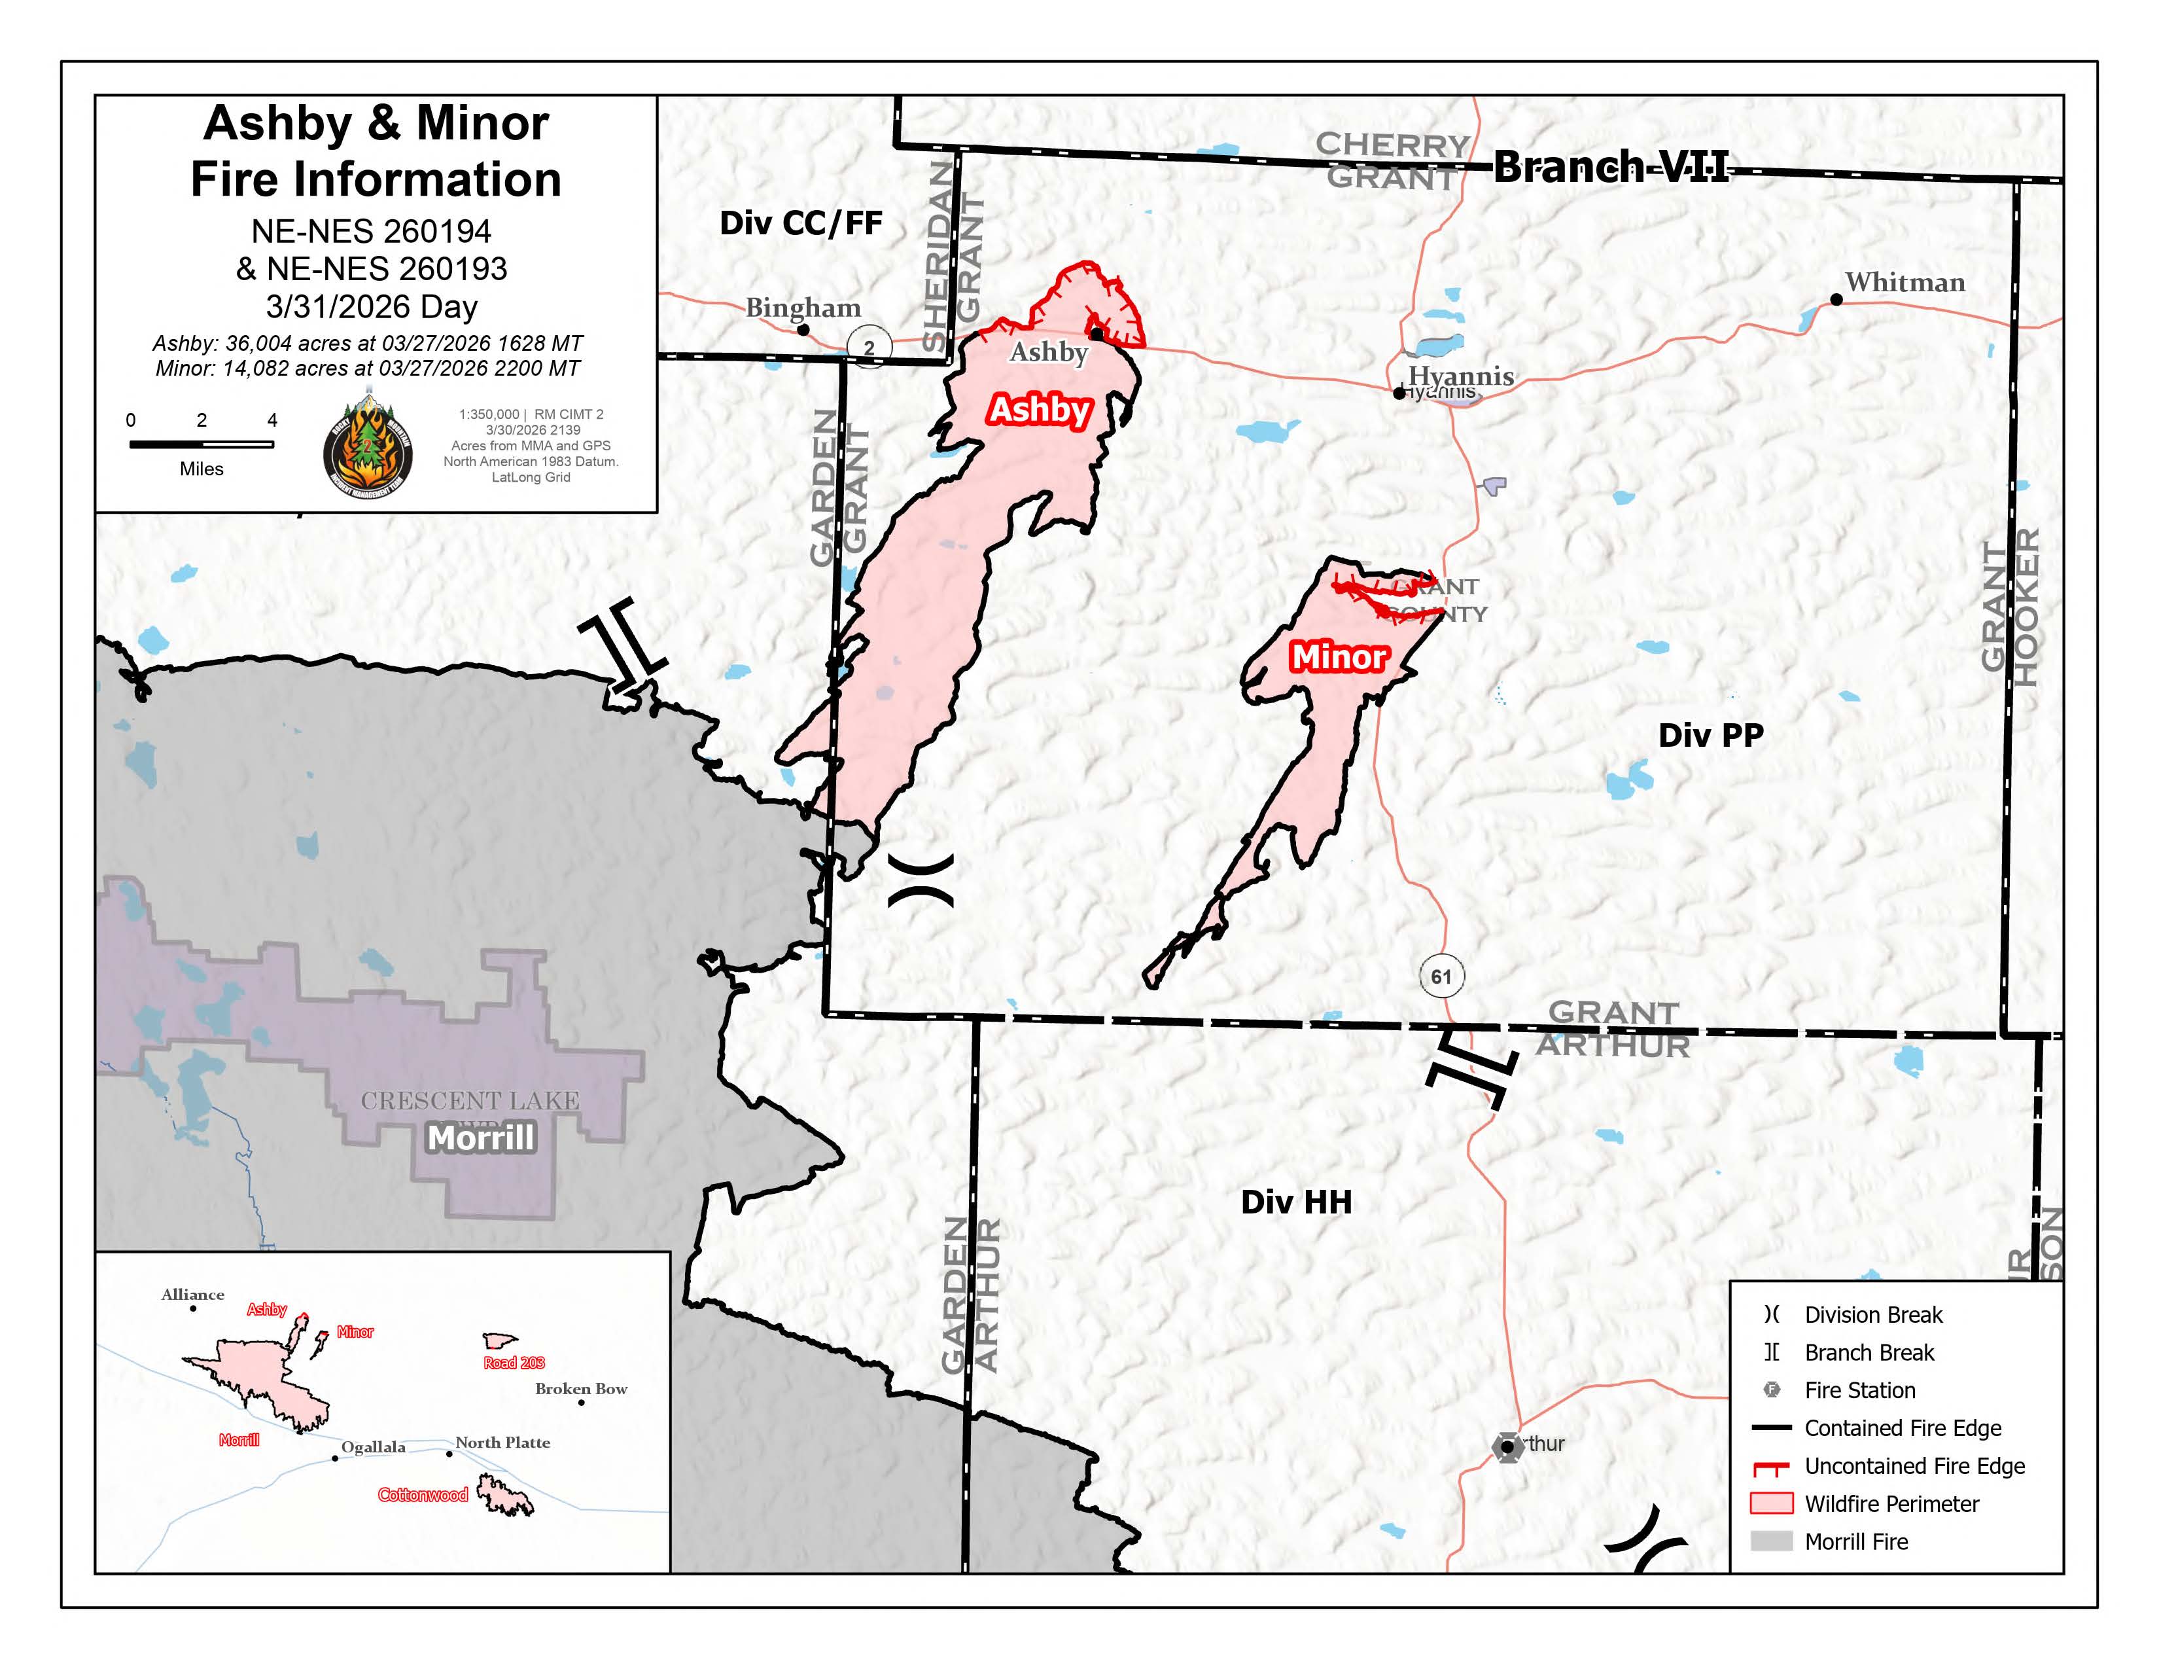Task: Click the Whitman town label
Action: coord(1905,283)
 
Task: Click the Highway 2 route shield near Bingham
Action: coord(869,347)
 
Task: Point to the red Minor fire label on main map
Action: coord(1339,656)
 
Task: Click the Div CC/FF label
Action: coord(799,223)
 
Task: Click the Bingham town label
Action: coord(803,308)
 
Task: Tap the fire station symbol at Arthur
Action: coord(1507,1446)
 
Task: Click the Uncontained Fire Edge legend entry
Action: coord(1913,1466)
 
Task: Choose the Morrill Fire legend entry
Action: coord(1855,1541)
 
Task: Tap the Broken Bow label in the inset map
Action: coord(581,1388)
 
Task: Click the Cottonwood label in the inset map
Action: coord(423,1495)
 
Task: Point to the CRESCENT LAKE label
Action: coord(470,1100)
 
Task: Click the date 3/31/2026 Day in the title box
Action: coord(372,306)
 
